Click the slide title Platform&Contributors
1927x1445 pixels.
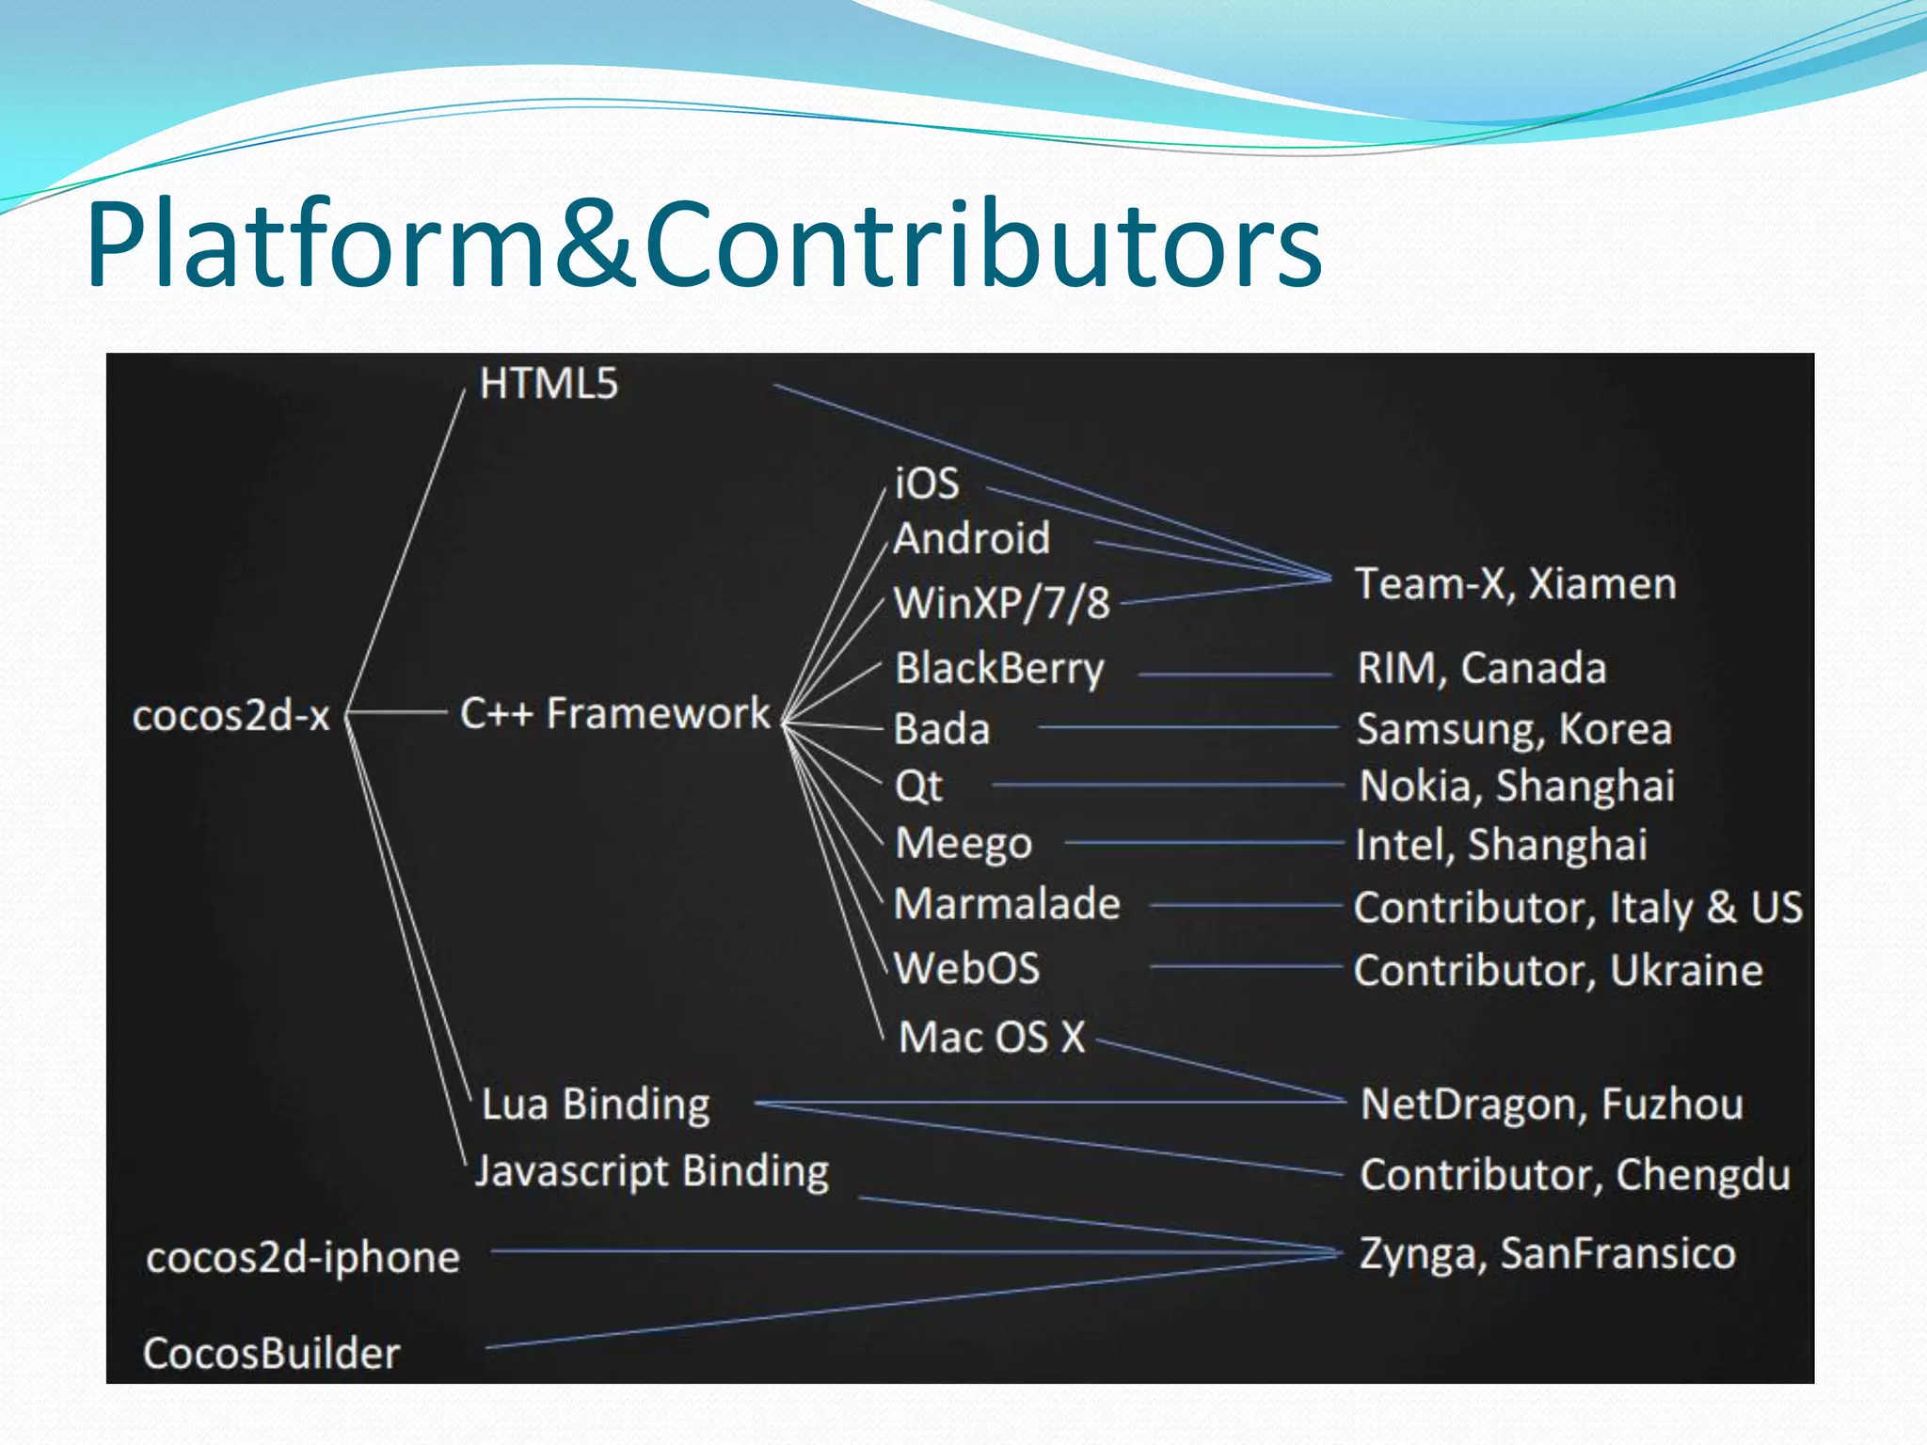704,246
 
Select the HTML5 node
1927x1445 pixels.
549,384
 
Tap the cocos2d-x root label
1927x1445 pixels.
231,716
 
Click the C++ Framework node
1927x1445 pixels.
614,713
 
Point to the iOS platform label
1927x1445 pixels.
927,484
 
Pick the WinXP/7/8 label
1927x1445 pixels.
1001,603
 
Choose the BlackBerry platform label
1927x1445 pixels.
999,669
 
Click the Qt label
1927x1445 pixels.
918,786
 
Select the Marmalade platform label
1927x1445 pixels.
1007,904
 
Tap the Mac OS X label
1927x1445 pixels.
992,1038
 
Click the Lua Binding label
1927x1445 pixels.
596,1104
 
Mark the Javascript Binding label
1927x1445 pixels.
652,1172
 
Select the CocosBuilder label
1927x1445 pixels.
271,1354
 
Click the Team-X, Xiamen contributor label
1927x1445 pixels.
1515,584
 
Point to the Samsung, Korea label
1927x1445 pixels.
1514,729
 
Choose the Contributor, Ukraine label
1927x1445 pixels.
1558,971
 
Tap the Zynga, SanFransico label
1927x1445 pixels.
1547,1254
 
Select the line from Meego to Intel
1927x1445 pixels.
1204,843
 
